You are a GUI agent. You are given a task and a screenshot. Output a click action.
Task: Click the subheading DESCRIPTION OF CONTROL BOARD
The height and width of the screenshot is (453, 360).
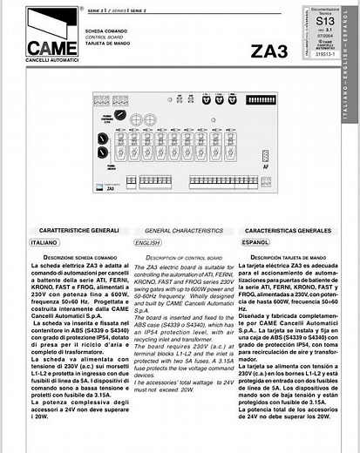click(x=182, y=258)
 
